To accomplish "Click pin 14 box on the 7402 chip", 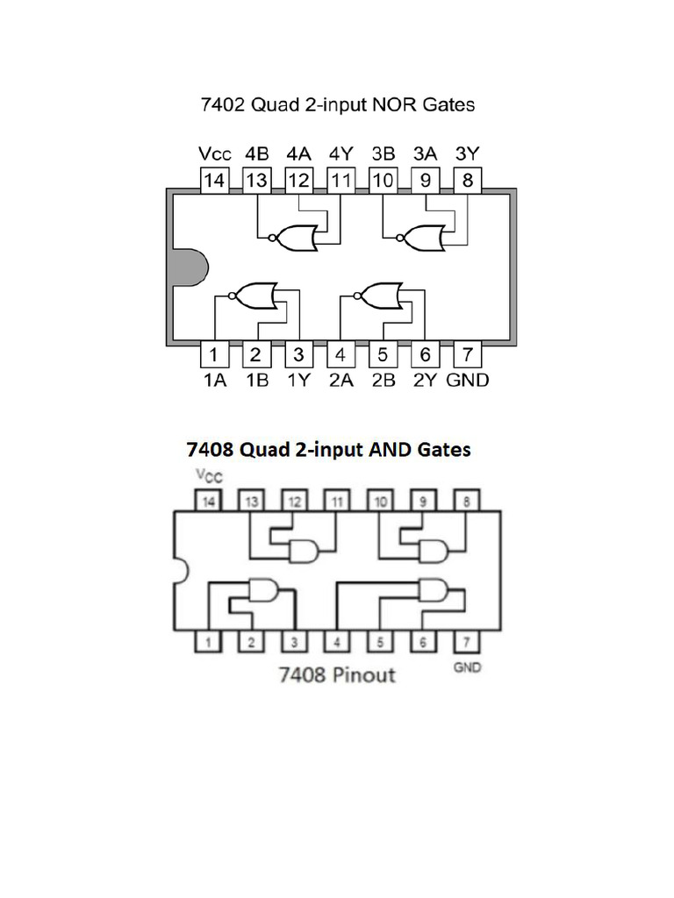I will (x=213, y=181).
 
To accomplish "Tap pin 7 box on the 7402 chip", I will (x=468, y=355).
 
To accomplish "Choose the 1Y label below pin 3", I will (x=298, y=381).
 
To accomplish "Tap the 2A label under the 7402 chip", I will (x=341, y=381).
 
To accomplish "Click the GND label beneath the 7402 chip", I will (x=468, y=381).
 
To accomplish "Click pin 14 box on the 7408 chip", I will (x=209, y=502).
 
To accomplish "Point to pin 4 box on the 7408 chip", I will (x=338, y=642).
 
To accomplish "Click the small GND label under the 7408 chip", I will (x=467, y=668).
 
